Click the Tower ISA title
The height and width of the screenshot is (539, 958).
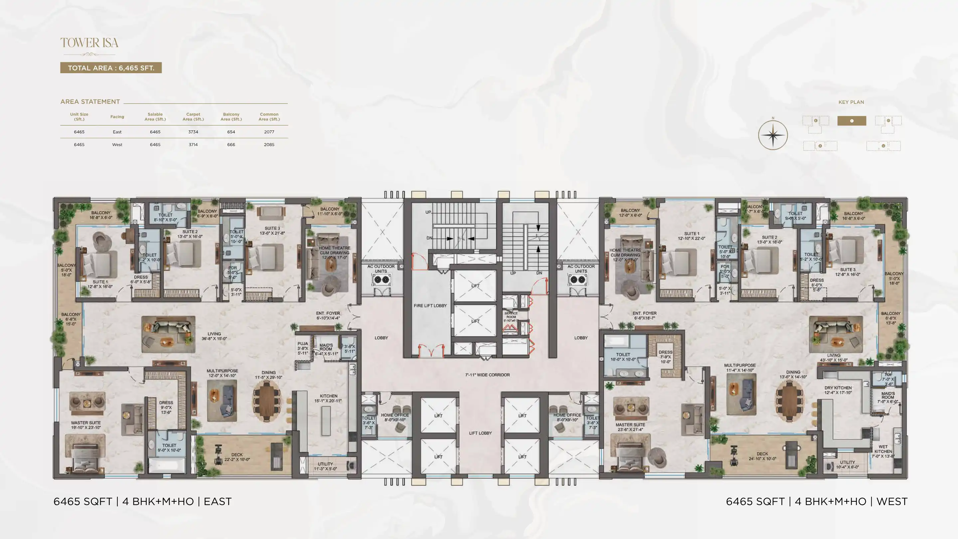click(89, 43)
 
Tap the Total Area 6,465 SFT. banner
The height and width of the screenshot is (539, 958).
click(111, 68)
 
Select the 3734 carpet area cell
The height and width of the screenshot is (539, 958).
click(193, 132)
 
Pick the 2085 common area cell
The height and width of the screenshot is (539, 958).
click(269, 144)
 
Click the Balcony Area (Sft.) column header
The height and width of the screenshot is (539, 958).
click(231, 117)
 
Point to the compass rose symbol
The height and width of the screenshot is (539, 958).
click(773, 135)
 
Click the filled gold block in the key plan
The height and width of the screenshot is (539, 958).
click(852, 120)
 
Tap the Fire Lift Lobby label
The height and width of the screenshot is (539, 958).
click(430, 306)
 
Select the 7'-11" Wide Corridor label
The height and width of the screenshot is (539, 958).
click(487, 375)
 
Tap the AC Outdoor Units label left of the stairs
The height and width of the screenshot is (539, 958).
click(381, 269)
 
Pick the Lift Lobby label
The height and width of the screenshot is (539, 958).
click(480, 433)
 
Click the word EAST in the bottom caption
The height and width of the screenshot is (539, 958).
click(218, 501)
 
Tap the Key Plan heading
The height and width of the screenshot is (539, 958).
click(851, 102)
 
